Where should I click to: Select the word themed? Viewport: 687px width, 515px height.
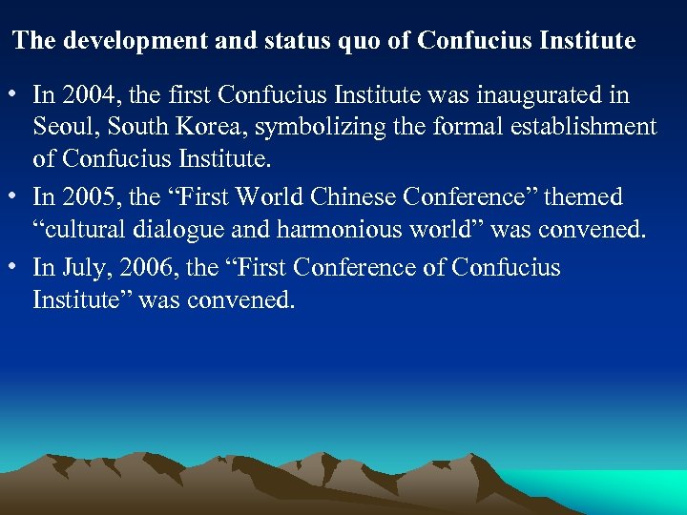[x=584, y=197]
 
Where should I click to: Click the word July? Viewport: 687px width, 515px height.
[x=86, y=268]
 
